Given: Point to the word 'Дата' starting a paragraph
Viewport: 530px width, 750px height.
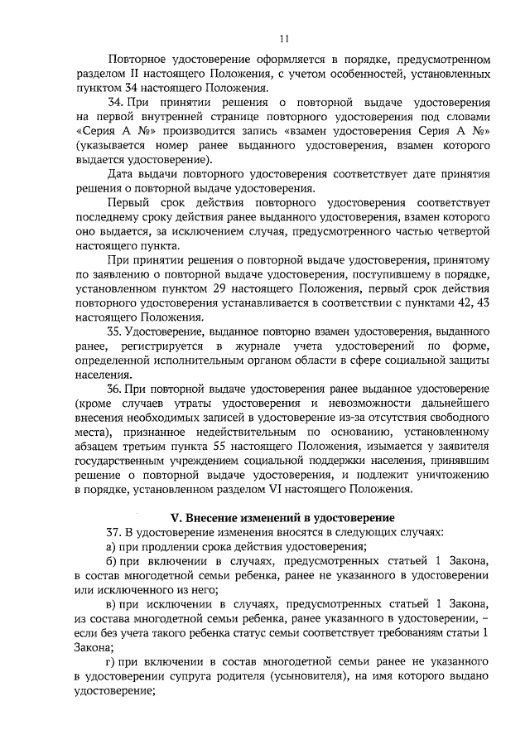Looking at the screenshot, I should point(122,176).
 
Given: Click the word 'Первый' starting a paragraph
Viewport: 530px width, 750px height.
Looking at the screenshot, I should point(128,204).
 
